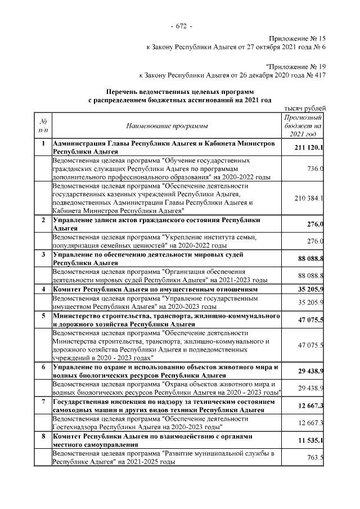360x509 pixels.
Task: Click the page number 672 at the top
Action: click(x=180, y=26)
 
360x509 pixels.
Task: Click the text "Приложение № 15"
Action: click(x=294, y=38)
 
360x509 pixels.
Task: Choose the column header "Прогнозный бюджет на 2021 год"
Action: click(x=304, y=125)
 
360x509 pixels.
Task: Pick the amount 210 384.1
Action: click(x=309, y=198)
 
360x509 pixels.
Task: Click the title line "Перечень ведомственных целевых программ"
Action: click(x=180, y=91)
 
